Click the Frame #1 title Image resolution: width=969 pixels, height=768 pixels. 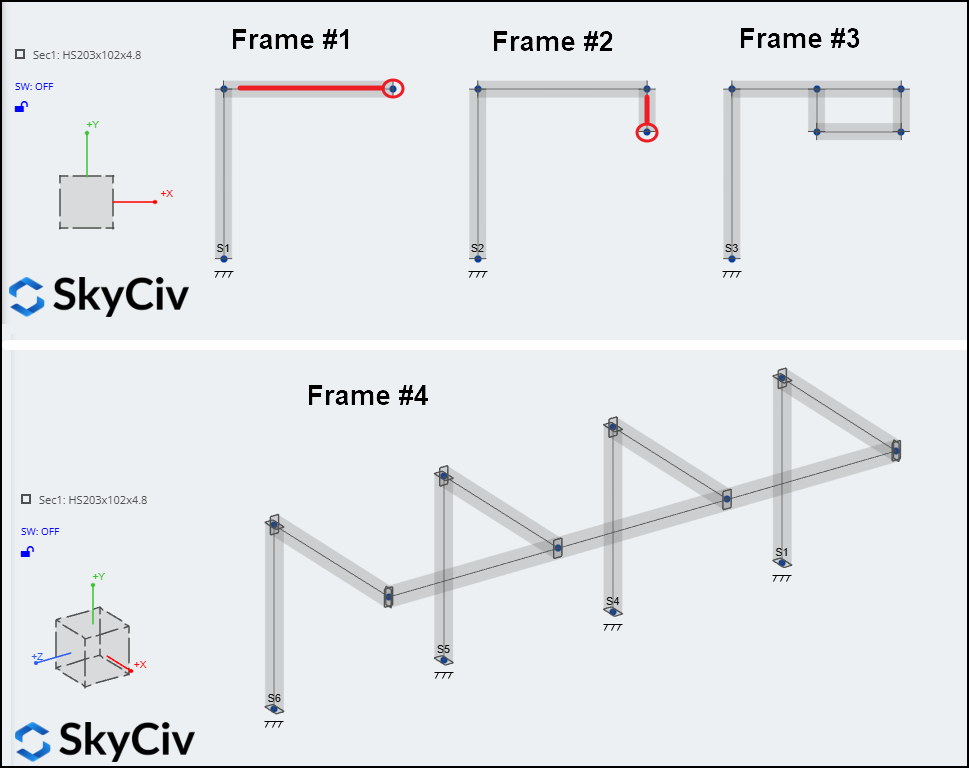point(291,40)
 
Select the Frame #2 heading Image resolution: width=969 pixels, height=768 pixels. point(552,42)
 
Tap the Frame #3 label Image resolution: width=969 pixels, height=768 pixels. point(799,38)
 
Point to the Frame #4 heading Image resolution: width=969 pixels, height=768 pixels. point(368,395)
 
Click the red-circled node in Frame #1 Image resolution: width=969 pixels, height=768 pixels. point(393,88)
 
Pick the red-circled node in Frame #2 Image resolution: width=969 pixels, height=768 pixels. point(647,132)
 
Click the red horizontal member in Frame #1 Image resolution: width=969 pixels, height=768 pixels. point(311,88)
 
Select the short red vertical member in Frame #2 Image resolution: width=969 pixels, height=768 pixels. point(647,109)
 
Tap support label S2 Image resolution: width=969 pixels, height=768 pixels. point(477,248)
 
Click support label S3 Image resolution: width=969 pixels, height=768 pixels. point(731,248)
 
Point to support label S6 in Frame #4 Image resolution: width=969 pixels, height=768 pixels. point(274,698)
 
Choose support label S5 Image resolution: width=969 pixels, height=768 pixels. point(443,649)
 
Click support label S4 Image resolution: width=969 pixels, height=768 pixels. point(612,601)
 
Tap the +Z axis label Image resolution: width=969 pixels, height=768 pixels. point(37,657)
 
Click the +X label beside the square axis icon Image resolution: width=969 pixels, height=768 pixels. point(167,193)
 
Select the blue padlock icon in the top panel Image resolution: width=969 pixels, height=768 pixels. point(22,107)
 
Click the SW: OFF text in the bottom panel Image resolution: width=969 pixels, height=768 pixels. point(40,531)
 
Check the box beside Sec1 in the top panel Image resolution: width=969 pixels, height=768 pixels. point(20,54)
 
